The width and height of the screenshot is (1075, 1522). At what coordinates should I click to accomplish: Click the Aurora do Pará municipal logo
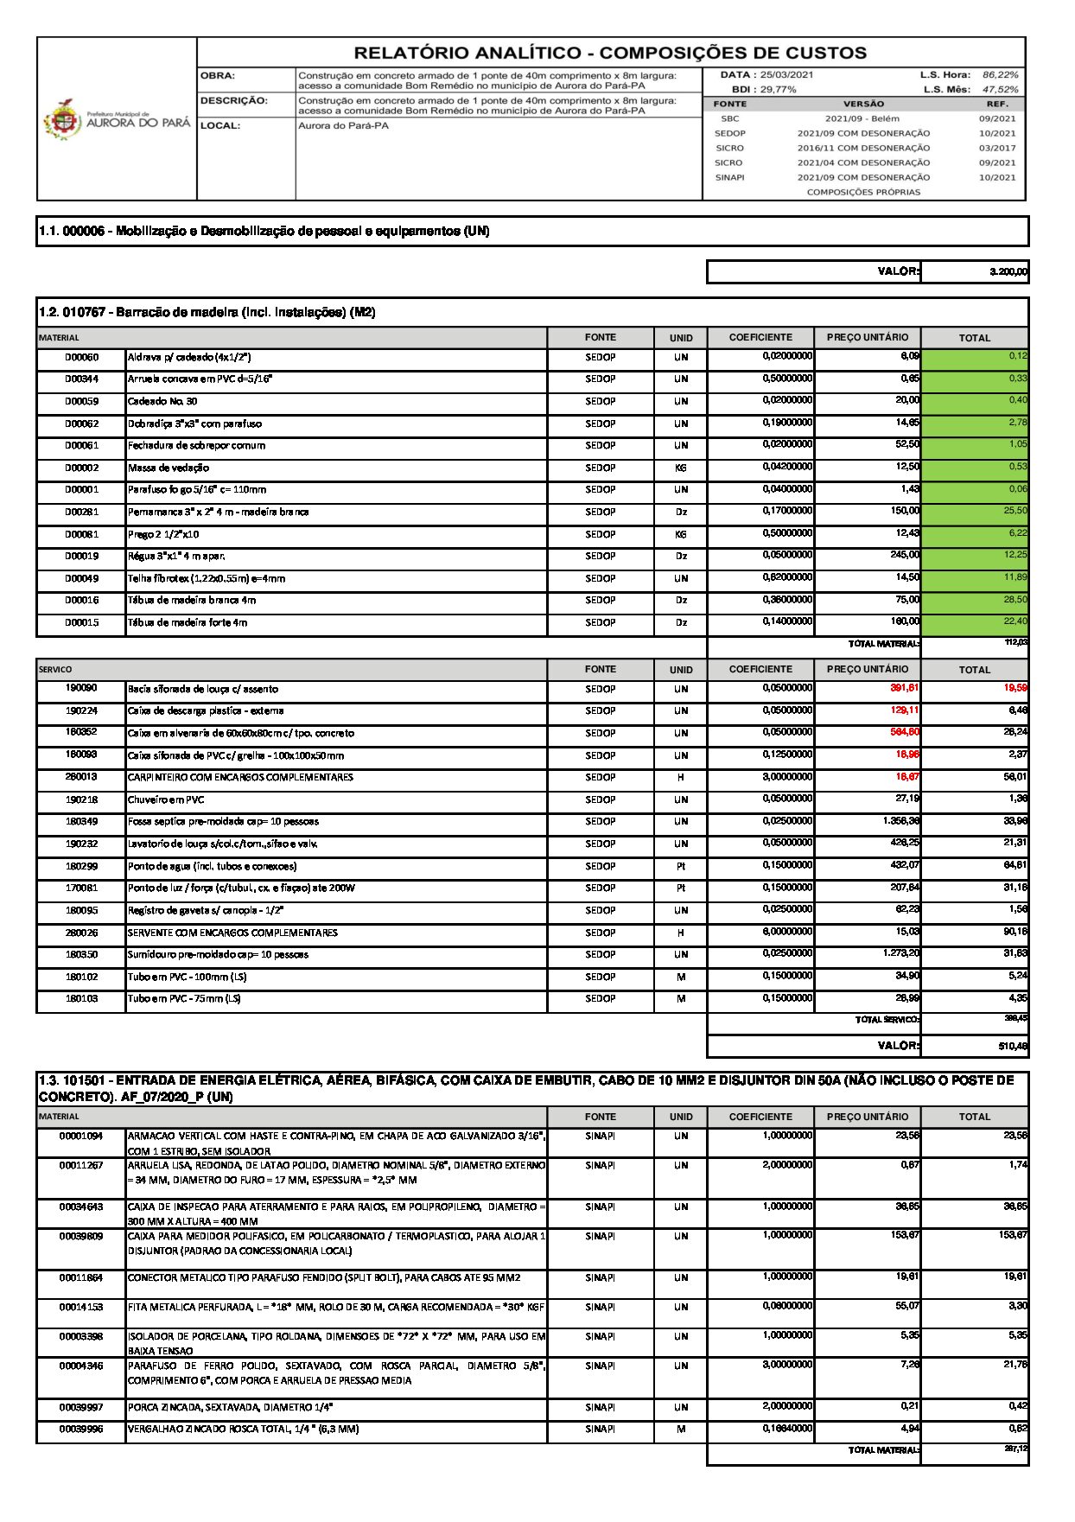click(x=117, y=121)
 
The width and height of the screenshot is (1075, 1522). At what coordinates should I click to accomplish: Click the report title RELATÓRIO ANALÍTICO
click(x=610, y=53)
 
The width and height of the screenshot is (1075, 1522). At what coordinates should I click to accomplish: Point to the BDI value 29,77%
click(x=777, y=89)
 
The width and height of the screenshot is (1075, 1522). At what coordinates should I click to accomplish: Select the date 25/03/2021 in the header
click(x=786, y=75)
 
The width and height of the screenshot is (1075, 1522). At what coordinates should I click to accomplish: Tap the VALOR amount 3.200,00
click(x=1008, y=272)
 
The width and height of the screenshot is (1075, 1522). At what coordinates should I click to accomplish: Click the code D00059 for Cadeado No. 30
click(x=81, y=401)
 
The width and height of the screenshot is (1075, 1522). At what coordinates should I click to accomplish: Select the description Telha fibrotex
click(x=207, y=578)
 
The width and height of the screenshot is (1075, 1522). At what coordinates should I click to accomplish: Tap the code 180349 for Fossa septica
click(x=81, y=821)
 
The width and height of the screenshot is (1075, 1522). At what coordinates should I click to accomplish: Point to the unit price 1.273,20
click(x=900, y=953)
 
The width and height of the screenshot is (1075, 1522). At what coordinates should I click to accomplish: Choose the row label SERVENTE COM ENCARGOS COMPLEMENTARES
click(x=232, y=933)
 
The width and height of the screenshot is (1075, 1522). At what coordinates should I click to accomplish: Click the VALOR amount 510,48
click(x=1012, y=1046)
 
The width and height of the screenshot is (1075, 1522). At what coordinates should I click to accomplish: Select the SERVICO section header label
click(x=55, y=669)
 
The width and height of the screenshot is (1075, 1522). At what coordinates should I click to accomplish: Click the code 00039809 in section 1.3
click(x=81, y=1237)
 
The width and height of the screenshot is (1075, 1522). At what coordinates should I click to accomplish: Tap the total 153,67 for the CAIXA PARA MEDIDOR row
click(x=1012, y=1235)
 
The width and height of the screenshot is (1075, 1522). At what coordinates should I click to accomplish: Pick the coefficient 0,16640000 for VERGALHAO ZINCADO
click(x=787, y=1429)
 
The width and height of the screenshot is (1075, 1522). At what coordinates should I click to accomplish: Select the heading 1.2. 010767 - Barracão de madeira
click(x=207, y=312)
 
